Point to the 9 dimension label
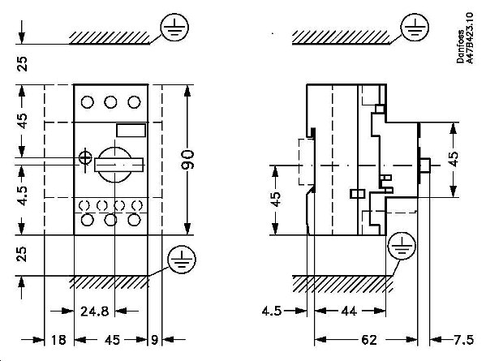pos(154,341)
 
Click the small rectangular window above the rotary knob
pos(129,131)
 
